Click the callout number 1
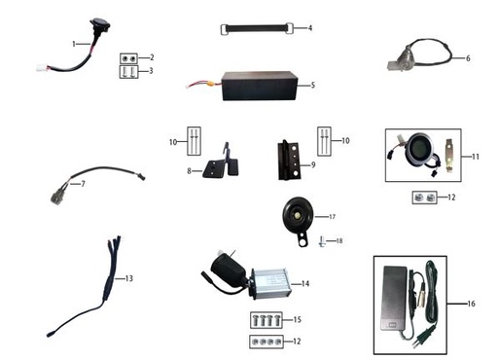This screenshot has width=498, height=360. pyautogui.click(x=74, y=45)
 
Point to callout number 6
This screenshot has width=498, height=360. pyautogui.click(x=468, y=58)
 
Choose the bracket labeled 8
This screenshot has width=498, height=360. pyautogui.click(x=220, y=166)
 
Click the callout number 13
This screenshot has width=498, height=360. pyautogui.click(x=127, y=278)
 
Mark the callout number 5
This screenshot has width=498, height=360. pyautogui.click(x=312, y=86)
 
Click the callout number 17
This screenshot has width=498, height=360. pyautogui.click(x=331, y=215)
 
